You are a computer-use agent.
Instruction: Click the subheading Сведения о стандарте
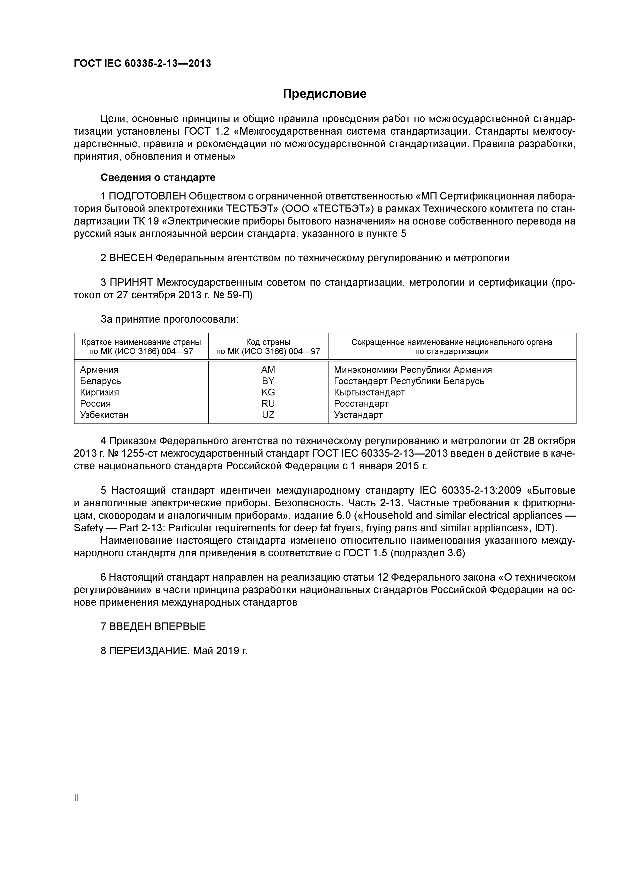coord(158,177)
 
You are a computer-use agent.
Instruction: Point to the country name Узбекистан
coord(104,415)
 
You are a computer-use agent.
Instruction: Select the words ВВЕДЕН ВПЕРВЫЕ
coord(157,626)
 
